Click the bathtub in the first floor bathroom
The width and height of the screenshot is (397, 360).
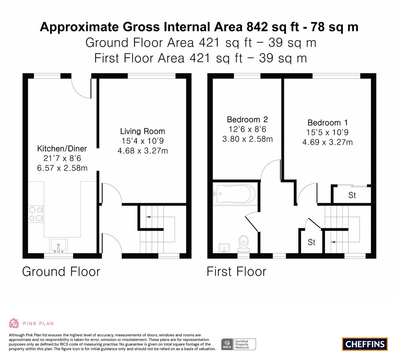[235, 194]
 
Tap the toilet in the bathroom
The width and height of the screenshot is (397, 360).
[244, 244]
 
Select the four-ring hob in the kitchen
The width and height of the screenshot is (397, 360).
[36, 214]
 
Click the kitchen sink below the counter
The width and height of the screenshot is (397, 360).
[58, 246]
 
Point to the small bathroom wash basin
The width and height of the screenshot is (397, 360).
[224, 248]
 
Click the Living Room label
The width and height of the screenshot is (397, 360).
[143, 131]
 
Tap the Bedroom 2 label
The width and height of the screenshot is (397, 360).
[247, 119]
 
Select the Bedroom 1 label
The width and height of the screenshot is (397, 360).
[328, 123]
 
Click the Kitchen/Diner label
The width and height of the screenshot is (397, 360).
[62, 148]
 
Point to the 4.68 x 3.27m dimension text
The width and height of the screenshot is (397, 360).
[143, 151]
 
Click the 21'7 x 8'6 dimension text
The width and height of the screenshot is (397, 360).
[62, 158]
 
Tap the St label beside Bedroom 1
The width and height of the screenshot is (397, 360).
[352, 195]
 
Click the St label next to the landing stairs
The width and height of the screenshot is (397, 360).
[311, 242]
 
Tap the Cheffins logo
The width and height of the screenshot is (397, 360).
[365, 344]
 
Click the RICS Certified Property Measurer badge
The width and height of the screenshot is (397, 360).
[239, 344]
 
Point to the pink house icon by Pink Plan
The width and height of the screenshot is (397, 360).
[14, 323]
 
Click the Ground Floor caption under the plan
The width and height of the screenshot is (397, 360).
[61, 271]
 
